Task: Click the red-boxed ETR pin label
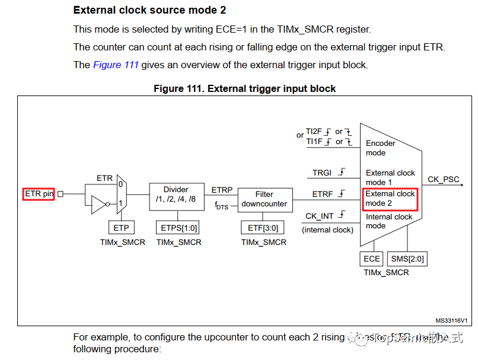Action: pyautogui.click(x=39, y=194)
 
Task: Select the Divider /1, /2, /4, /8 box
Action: pyautogui.click(x=176, y=195)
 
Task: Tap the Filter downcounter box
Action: pyautogui.click(x=264, y=199)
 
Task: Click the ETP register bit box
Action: pyautogui.click(x=122, y=228)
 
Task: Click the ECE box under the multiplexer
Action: pyautogui.click(x=372, y=259)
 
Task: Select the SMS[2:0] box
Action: pyautogui.click(x=407, y=259)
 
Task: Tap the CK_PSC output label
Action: pyautogui.click(x=444, y=179)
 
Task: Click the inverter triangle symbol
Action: pyautogui.click(x=99, y=205)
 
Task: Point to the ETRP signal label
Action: pyautogui.click(x=222, y=190)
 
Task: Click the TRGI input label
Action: pyautogui.click(x=323, y=173)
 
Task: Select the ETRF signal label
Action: pyautogui.click(x=323, y=194)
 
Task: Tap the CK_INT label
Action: pyautogui.click(x=320, y=216)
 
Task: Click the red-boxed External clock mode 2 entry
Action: pyautogui.click(x=390, y=199)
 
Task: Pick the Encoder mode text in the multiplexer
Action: pyautogui.click(x=380, y=148)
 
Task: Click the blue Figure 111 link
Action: pyautogui.click(x=116, y=65)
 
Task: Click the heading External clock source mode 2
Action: pyautogui.click(x=149, y=11)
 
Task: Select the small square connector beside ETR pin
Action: pyautogui.click(x=60, y=194)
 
